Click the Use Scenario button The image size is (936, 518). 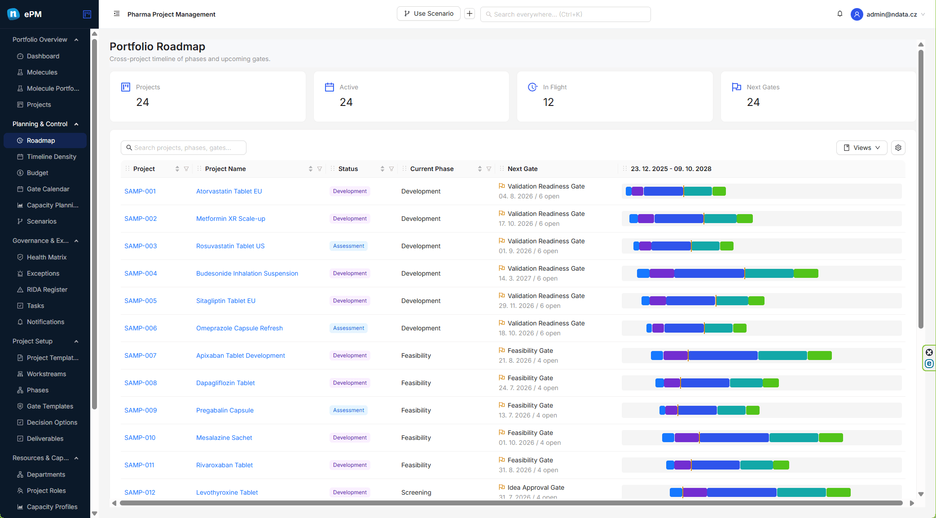(428, 14)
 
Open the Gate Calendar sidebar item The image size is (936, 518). (48, 189)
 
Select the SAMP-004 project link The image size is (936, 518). (141, 273)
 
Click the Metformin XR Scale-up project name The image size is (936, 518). (231, 219)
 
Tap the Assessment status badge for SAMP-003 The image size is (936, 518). (348, 246)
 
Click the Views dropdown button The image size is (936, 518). (861, 148)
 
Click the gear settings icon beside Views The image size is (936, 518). (898, 148)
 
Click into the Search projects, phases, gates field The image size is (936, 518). (184, 148)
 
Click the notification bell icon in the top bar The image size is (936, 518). (839, 14)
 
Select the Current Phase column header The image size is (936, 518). (432, 169)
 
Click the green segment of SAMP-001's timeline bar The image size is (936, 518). (719, 191)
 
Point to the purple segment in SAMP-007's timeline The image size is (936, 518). (676, 356)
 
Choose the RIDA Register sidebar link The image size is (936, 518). (47, 290)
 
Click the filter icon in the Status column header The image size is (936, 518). (391, 169)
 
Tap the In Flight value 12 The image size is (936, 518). (548, 102)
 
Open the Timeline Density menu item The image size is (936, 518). (51, 157)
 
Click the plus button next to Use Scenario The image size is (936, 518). (470, 14)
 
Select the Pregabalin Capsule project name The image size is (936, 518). (225, 410)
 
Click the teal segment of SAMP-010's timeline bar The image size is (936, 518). (794, 438)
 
